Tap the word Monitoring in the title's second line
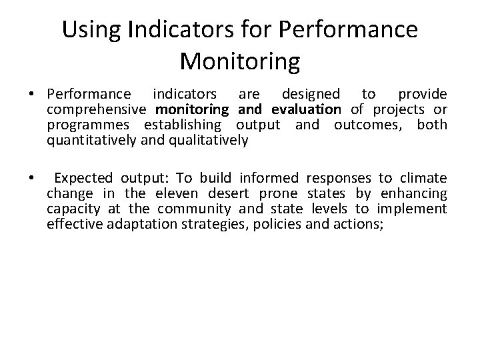(x=240, y=61)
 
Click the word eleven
(x=176, y=193)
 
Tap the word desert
(x=226, y=193)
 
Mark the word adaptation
(x=132, y=224)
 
